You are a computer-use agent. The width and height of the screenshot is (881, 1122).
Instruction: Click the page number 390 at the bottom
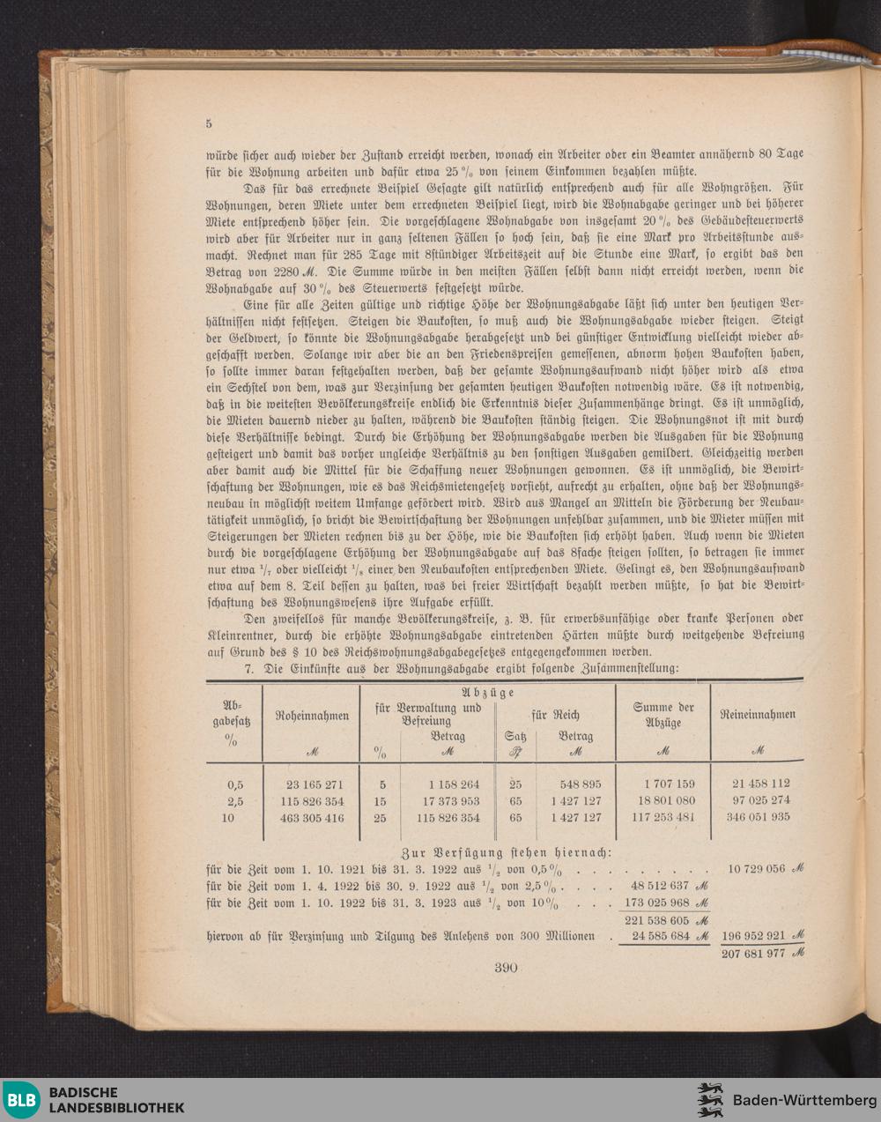point(506,967)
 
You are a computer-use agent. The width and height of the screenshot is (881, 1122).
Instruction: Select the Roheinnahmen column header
point(312,716)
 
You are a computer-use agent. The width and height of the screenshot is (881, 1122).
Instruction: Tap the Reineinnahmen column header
point(757,714)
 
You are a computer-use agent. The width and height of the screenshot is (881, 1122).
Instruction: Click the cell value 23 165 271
point(315,784)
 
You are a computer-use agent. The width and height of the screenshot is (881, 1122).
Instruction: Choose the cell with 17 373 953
point(450,801)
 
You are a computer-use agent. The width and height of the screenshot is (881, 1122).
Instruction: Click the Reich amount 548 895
point(580,784)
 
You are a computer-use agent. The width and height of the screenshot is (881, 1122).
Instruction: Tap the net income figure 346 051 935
point(760,817)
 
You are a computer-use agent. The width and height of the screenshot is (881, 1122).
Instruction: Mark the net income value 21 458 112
point(760,783)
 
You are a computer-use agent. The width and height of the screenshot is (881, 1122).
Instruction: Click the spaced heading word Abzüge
point(488,693)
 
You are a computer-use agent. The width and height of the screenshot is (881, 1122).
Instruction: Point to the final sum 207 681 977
point(752,952)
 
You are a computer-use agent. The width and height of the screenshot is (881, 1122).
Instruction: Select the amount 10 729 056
point(756,868)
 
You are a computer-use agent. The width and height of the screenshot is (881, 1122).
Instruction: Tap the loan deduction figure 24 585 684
point(655,936)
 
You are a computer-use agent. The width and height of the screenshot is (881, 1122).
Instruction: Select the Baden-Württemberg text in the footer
point(804,1100)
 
